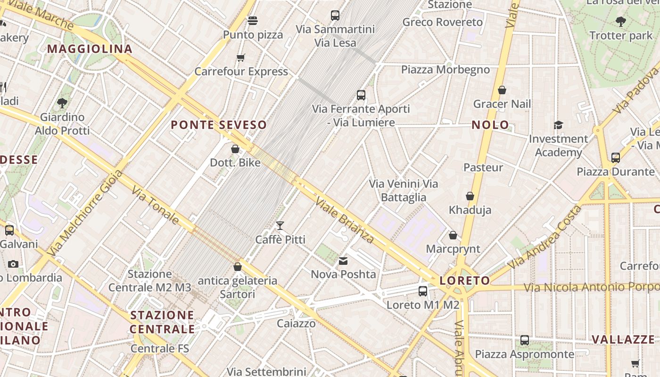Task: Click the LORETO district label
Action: [x=464, y=281]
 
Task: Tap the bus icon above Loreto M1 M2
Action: [x=423, y=291]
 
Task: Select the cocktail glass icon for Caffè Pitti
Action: [x=280, y=226]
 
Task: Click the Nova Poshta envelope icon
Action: [x=343, y=261]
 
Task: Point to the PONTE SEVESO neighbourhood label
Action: [x=219, y=125]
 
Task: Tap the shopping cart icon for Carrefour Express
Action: [x=241, y=58]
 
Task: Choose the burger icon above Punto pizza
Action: [x=253, y=21]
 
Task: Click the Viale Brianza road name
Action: [x=345, y=221]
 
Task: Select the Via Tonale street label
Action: [x=155, y=205]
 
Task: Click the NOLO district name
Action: [x=490, y=125]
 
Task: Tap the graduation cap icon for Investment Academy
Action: [x=558, y=125]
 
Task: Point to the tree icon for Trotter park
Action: [x=620, y=21]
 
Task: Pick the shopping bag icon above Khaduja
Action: [x=470, y=196]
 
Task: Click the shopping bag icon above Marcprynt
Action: [x=453, y=235]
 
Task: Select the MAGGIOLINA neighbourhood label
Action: [x=90, y=49]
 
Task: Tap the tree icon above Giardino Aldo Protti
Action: [x=62, y=103]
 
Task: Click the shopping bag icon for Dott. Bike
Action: [x=235, y=149]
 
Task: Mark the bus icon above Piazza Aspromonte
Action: [x=524, y=340]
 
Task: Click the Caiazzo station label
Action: [x=296, y=324]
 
